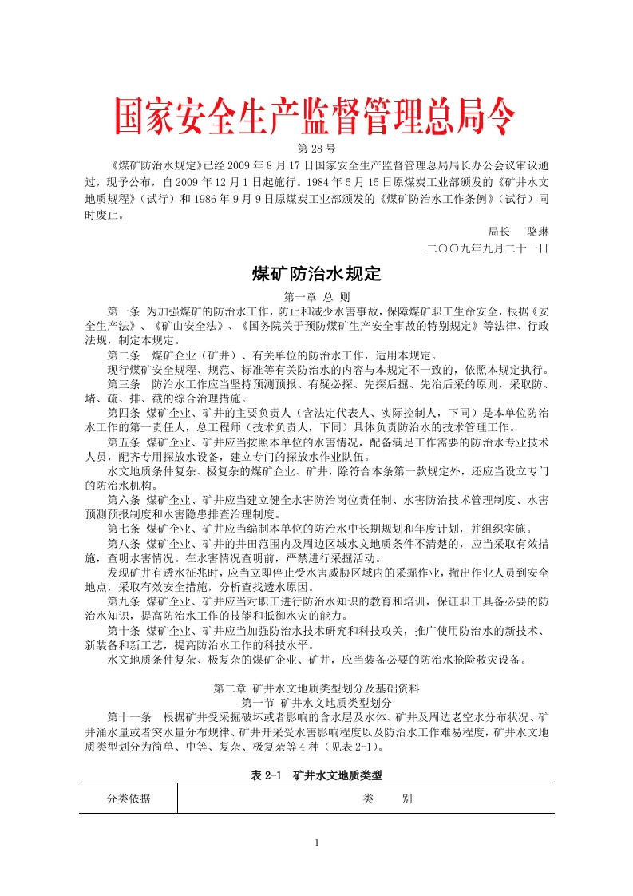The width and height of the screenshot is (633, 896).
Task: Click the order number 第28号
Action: coord(316,149)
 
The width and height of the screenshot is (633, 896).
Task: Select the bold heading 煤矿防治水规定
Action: coord(317,274)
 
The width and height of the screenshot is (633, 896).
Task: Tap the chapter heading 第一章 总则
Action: coord(317,295)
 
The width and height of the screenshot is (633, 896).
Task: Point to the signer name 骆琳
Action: coord(538,231)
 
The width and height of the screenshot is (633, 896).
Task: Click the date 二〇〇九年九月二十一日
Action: coord(488,248)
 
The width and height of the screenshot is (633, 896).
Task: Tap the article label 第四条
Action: coord(124,414)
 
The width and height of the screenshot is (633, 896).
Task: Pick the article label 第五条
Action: coord(124,442)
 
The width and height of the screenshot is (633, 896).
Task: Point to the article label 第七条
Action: coord(124,529)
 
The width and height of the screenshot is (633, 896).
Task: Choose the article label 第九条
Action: coord(124,601)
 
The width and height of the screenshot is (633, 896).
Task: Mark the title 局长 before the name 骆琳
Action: coord(499,231)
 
